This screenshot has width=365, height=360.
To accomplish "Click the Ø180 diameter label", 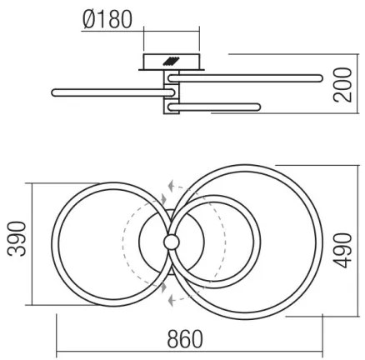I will point(108,18).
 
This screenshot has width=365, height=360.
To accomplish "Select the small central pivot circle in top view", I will point(172,241).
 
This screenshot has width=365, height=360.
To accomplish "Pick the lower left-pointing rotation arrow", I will point(170,297).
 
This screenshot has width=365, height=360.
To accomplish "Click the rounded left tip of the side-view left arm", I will point(55,90).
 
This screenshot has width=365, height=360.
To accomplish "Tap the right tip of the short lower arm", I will point(258,107).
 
